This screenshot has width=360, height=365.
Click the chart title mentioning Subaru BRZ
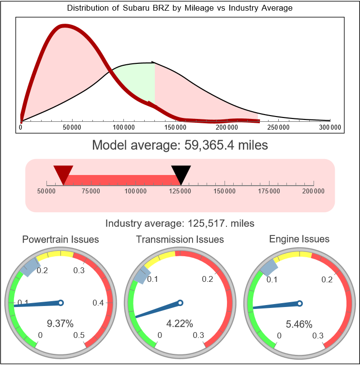click(180, 8)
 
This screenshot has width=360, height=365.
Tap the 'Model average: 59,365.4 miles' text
click(180, 145)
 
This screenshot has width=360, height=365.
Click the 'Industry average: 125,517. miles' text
click(180, 223)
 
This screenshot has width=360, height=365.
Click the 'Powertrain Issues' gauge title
click(60, 239)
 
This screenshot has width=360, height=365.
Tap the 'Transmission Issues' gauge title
click(180, 239)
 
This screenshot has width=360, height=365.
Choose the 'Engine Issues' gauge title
click(299, 239)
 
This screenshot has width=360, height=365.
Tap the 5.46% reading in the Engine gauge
click(299, 323)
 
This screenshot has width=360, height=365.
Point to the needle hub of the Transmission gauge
click(180, 303)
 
